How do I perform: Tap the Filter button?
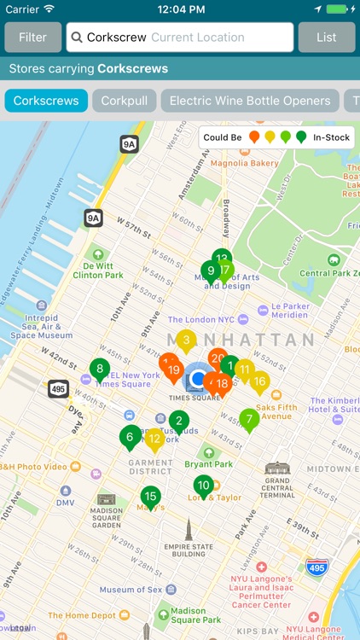[x=33, y=38]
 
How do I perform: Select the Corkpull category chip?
[x=124, y=101]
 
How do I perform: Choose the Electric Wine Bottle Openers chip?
[x=250, y=101]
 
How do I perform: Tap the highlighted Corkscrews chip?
[x=46, y=101]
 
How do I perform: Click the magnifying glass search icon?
[x=77, y=38]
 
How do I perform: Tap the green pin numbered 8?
[x=100, y=370]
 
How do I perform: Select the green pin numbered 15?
[x=150, y=497]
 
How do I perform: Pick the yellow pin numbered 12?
[x=154, y=439]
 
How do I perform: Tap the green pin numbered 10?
[x=203, y=486]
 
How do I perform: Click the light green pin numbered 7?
[x=249, y=419]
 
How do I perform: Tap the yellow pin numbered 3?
[x=186, y=340]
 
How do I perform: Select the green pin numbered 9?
[x=210, y=272]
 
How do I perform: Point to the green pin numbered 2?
[x=178, y=420]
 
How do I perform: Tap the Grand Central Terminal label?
[x=277, y=483]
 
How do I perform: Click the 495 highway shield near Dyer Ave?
[x=58, y=388]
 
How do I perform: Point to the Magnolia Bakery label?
[x=245, y=163]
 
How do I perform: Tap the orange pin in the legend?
[x=254, y=137]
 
